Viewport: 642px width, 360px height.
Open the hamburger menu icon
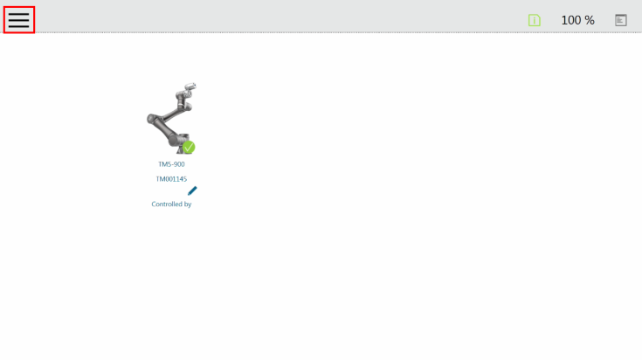coord(19,19)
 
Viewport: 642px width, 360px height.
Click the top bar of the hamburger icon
coord(19,13)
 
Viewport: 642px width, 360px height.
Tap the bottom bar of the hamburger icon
coord(19,26)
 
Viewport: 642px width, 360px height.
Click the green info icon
coord(535,20)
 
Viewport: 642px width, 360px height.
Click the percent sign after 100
coord(590,20)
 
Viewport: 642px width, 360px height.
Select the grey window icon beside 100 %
coord(621,20)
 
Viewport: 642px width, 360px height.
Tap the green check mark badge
coord(189,147)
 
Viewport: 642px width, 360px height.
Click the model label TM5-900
coord(171,164)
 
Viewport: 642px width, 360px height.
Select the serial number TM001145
coord(171,179)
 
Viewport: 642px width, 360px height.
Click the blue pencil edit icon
coord(192,190)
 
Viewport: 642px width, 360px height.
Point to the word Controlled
coord(166,204)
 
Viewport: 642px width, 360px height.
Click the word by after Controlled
coord(188,204)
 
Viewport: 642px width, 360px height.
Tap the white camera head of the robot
coord(190,86)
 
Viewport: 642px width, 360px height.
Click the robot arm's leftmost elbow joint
coord(151,119)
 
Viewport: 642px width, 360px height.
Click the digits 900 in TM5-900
coord(179,164)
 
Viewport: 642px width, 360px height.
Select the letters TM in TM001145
coord(160,179)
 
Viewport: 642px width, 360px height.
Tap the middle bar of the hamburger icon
coord(19,20)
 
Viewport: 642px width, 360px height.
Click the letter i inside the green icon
coord(535,20)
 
